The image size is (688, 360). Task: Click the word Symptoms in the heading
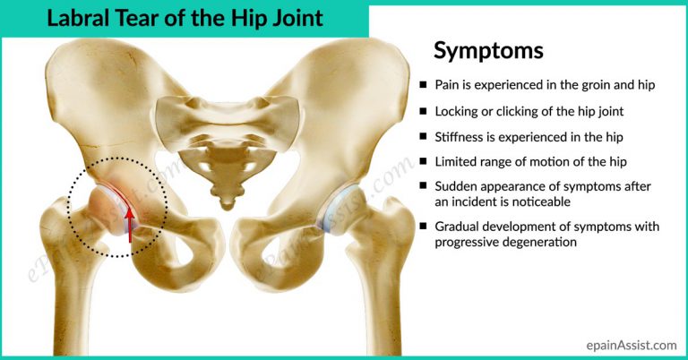488,51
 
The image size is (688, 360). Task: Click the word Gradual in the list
459,227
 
